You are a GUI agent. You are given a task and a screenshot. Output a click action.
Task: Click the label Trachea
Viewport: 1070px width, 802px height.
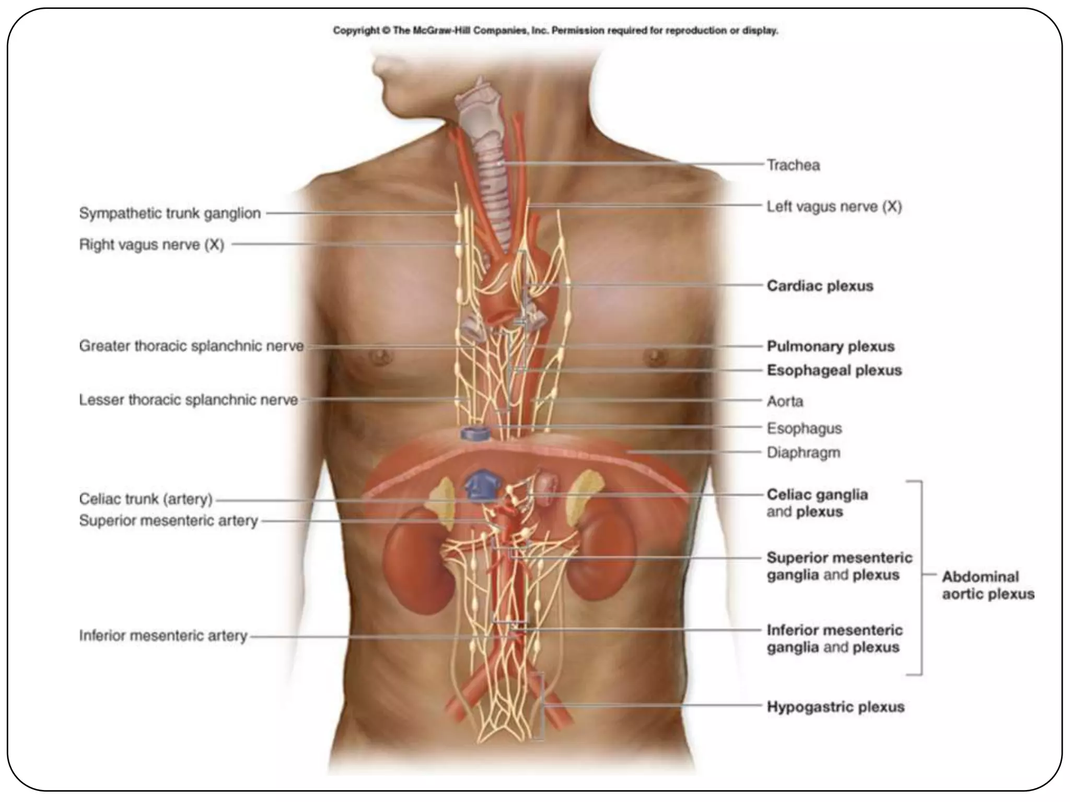pos(793,166)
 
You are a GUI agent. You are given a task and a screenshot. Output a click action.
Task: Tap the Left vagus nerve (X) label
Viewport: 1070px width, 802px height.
pos(834,207)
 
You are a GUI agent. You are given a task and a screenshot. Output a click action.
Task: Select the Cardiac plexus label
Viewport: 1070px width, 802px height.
pos(820,286)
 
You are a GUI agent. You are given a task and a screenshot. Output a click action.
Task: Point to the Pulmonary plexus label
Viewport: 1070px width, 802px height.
pos(830,346)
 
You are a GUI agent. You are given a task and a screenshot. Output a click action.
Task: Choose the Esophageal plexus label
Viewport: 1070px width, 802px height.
pos(834,371)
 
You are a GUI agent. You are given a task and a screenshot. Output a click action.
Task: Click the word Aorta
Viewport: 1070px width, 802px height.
pos(785,402)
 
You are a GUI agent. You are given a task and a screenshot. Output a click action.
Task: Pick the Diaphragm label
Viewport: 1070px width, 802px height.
pos(803,453)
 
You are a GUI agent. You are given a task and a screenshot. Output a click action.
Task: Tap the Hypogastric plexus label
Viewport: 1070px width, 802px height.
pos(835,707)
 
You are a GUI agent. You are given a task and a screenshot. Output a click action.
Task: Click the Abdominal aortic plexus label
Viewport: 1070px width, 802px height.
pos(987,585)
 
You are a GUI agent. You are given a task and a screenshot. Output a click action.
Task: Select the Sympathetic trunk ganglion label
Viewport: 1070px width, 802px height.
pos(170,214)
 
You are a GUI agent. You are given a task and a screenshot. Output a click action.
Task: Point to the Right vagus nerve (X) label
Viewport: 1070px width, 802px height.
pos(152,245)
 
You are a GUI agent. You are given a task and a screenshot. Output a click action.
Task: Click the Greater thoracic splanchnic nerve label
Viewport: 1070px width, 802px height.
pos(191,346)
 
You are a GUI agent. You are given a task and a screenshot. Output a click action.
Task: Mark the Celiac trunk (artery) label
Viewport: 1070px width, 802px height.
pos(146,499)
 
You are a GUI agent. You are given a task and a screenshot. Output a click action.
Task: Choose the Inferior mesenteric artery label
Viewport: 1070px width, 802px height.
pos(163,636)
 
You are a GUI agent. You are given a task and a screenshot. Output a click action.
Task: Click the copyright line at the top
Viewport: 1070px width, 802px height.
pos(555,31)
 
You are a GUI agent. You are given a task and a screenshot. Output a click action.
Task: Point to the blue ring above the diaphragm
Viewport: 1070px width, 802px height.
pos(474,433)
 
